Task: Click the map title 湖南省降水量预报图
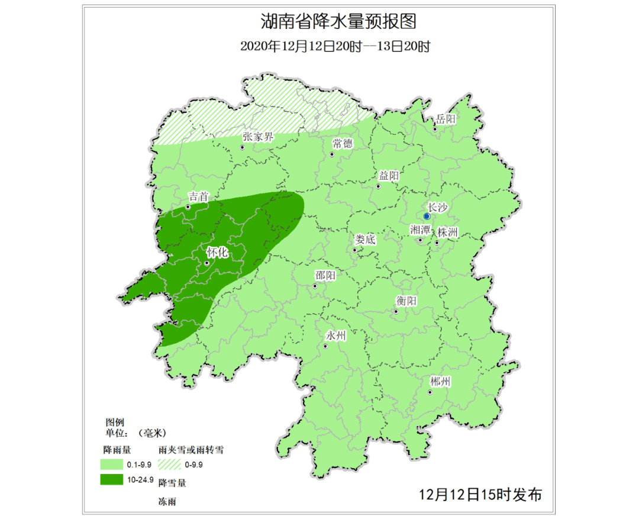(x=338, y=22)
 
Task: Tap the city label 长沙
(x=438, y=207)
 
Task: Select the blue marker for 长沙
(x=427, y=217)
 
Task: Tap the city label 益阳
(x=389, y=176)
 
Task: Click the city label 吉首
(x=198, y=196)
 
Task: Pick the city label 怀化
(x=217, y=251)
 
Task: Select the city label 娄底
(x=365, y=240)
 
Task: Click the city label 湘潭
(x=421, y=230)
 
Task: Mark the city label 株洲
(x=447, y=233)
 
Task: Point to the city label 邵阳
(x=325, y=276)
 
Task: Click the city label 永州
(x=335, y=335)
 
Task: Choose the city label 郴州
(x=440, y=382)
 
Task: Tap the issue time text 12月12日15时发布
(x=480, y=494)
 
